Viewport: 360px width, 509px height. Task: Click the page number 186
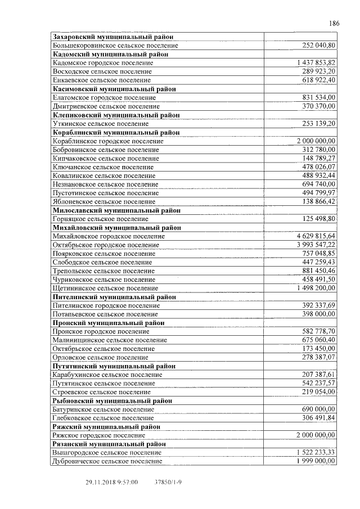pyautogui.click(x=334, y=24)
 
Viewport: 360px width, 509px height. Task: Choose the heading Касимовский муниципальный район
pyautogui.click(x=114, y=89)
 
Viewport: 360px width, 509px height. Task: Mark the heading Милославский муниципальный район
pyautogui.click(x=116, y=210)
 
